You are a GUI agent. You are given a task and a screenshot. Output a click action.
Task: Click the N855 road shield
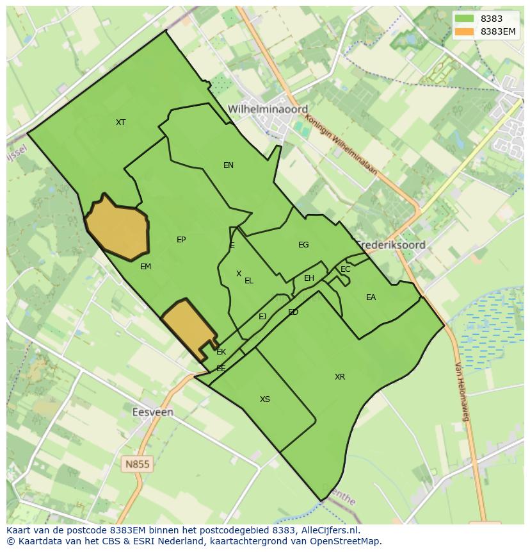[138, 463]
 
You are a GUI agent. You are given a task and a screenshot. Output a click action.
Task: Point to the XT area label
[120, 122]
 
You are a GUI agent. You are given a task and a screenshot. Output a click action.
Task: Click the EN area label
[228, 165]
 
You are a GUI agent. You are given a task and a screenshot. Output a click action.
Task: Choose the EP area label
[181, 240]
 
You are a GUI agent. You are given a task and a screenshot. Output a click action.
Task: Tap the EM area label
[145, 267]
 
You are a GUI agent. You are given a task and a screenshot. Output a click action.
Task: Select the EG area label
[303, 245]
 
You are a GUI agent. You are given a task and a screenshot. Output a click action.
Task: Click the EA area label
[371, 297]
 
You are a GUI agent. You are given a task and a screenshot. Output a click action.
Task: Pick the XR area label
[340, 377]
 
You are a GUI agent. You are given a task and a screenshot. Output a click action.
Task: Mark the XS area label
[264, 399]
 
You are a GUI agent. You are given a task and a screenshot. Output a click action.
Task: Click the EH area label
[309, 278]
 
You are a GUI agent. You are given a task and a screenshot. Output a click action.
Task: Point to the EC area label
[346, 269]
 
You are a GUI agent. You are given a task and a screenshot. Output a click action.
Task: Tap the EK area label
[221, 352]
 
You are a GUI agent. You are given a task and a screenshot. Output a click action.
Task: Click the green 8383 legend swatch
[465, 19]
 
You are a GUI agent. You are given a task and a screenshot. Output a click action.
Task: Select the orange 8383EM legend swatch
[465, 31]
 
